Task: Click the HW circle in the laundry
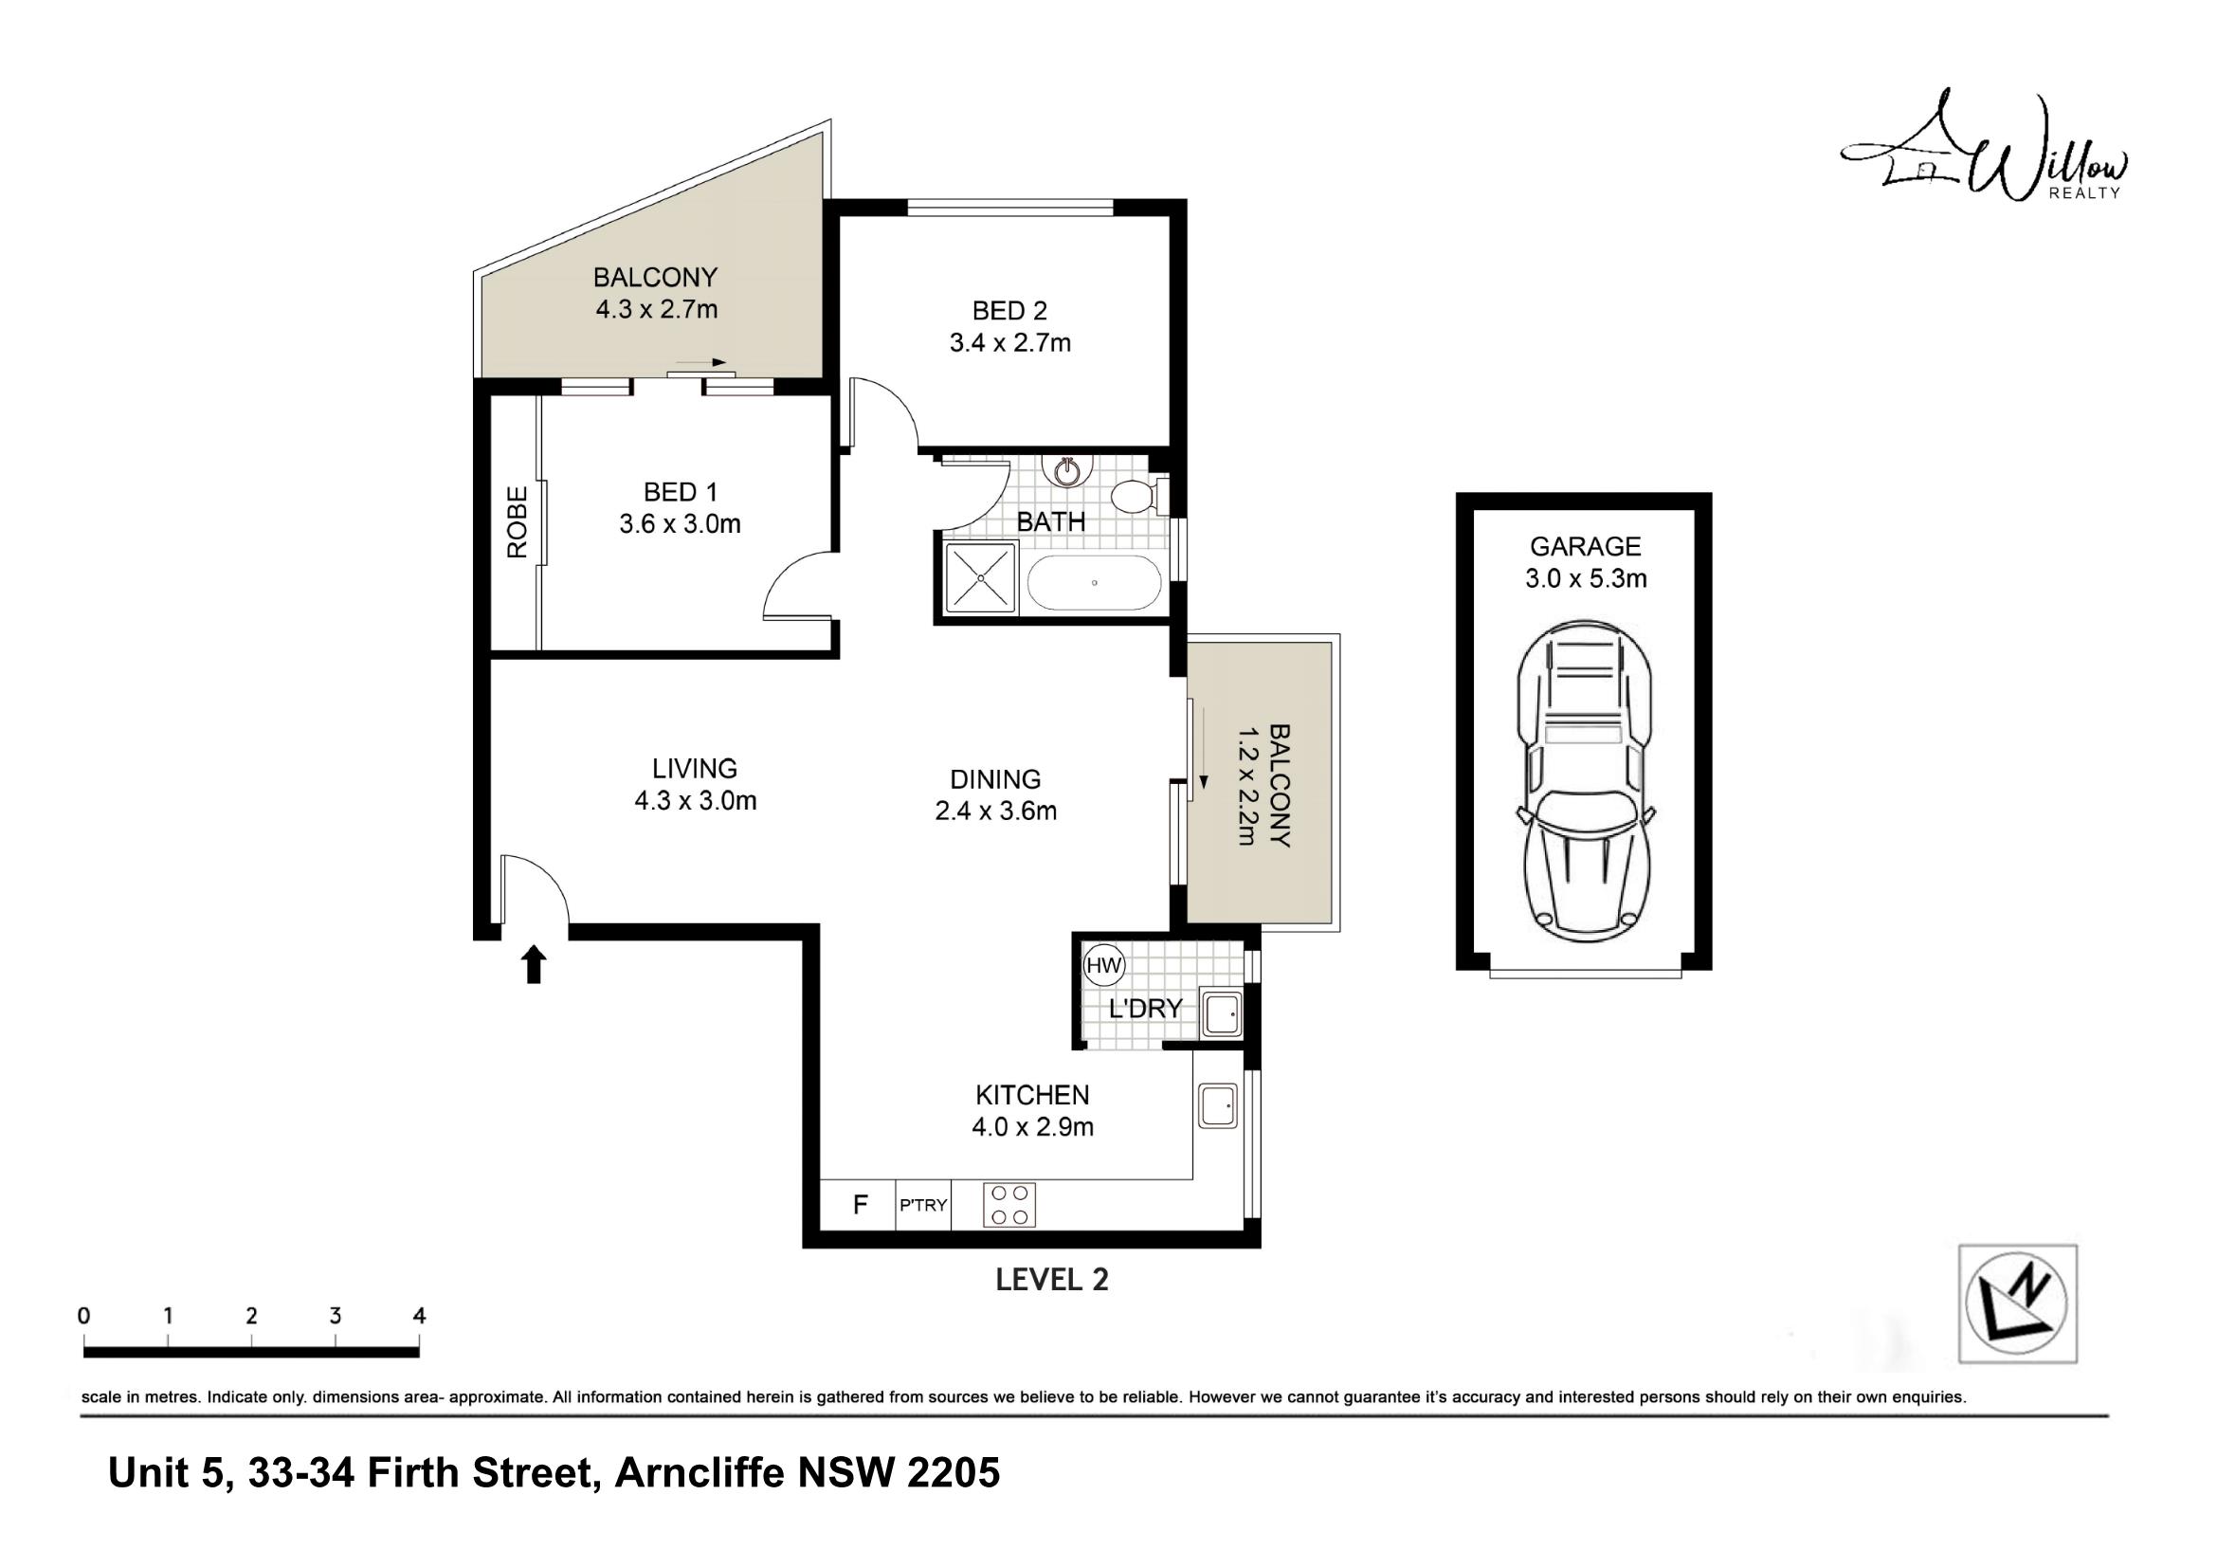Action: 1103,964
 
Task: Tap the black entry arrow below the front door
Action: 534,963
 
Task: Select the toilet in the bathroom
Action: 1137,496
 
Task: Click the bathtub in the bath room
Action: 1094,582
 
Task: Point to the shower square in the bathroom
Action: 981,578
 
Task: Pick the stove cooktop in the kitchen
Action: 1009,1205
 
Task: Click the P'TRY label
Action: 923,1205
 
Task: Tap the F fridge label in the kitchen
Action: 861,1204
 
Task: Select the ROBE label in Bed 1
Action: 518,521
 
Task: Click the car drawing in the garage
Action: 1584,781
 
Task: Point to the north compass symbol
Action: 2017,1304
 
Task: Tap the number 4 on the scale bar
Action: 419,1315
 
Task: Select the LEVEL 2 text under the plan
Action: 1051,1279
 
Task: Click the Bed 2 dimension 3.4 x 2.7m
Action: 1010,343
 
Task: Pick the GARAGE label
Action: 1586,546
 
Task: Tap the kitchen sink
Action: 1218,1104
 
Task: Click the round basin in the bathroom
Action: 1067,472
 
